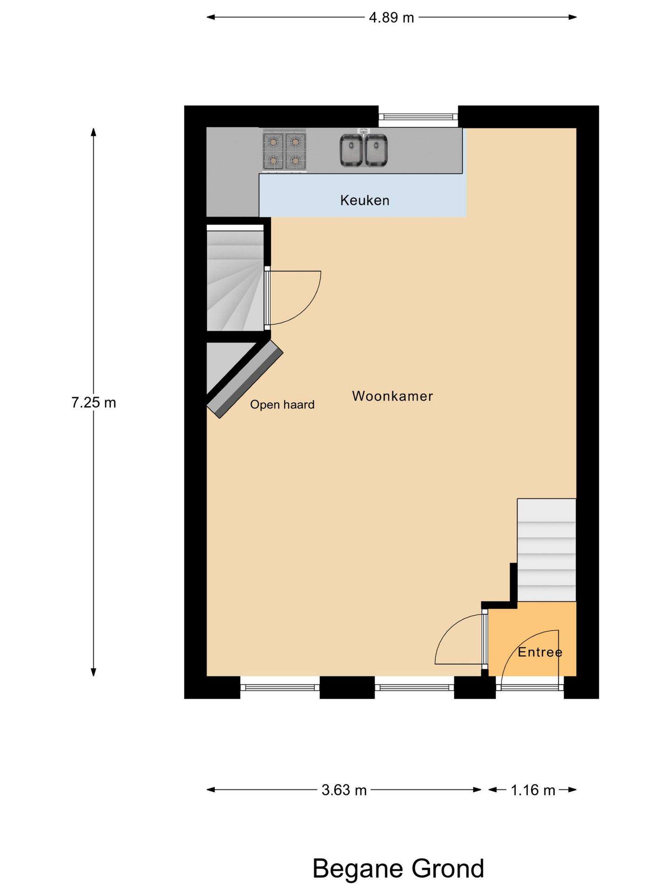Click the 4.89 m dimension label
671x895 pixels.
391,18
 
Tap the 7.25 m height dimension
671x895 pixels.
94,402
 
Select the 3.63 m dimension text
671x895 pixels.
344,790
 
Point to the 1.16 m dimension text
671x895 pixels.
533,790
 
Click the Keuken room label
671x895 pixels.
364,200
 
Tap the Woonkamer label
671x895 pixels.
392,396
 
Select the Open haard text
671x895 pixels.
282,405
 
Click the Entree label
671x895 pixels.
540,652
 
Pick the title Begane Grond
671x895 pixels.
398,868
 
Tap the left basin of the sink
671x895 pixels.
351,150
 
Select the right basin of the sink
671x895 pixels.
376,150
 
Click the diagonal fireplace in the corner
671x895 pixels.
245,379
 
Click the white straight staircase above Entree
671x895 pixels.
546,550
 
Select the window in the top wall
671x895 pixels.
418,117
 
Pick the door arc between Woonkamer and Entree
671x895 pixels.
459,641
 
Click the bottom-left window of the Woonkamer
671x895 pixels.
280,687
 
